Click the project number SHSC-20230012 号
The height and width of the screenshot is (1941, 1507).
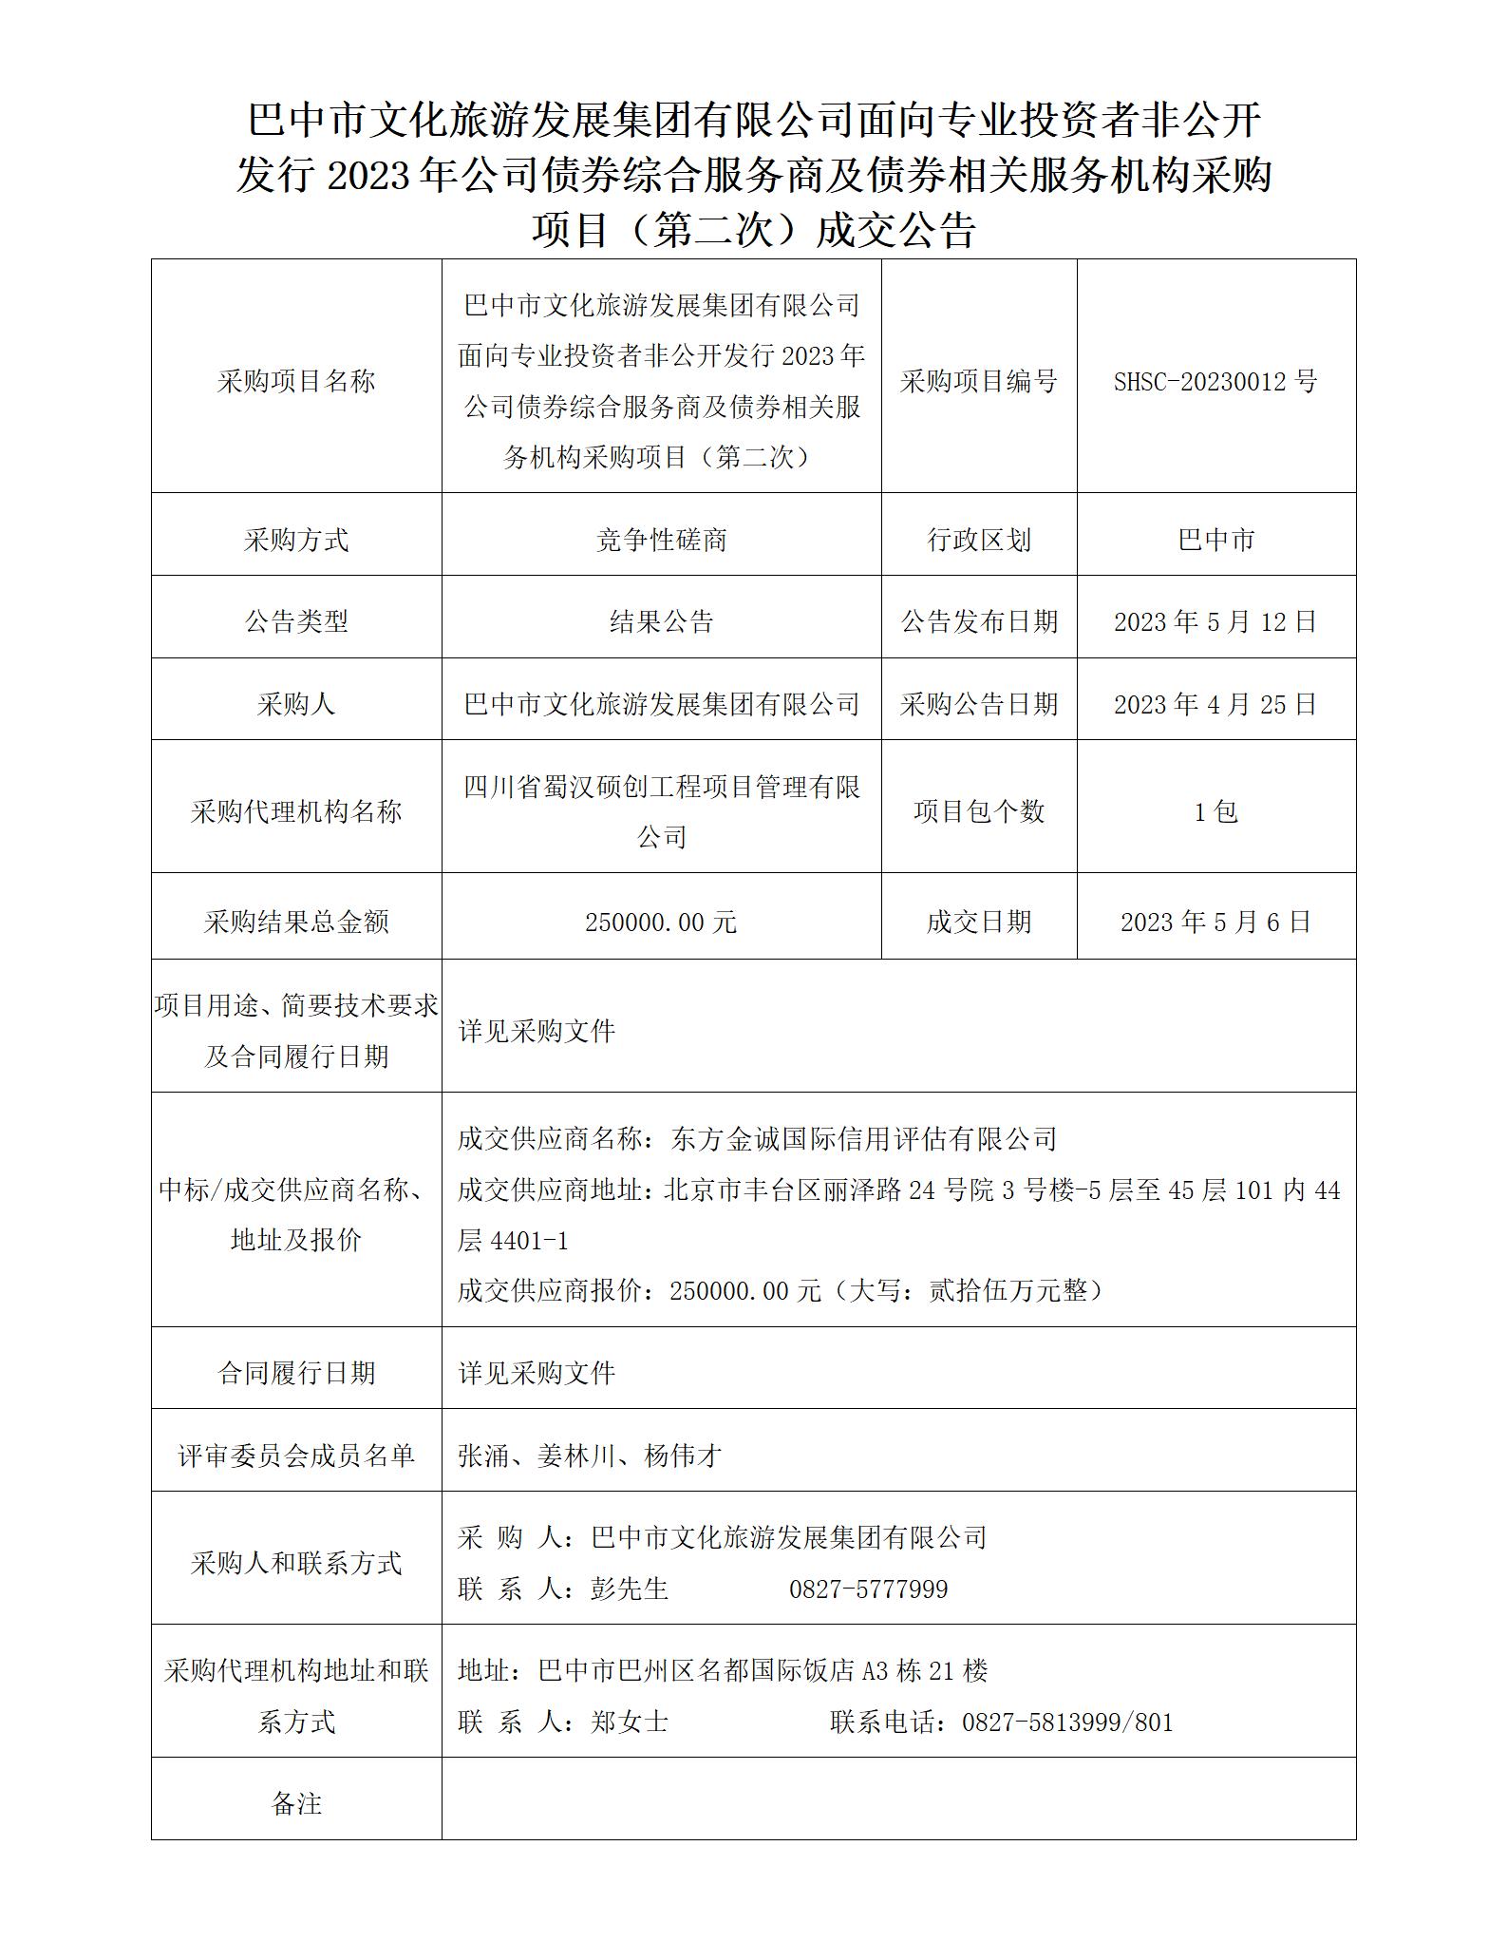1215,382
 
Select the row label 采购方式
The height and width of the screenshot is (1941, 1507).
296,541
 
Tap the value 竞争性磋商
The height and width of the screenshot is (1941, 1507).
661,541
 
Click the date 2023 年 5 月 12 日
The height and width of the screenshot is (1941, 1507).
1215,622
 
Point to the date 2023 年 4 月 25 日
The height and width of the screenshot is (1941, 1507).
1215,705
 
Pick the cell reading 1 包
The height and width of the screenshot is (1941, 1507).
1215,812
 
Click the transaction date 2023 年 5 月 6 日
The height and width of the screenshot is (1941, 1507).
1215,923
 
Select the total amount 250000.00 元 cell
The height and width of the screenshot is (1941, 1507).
661,923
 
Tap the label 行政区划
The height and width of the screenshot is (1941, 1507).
979,541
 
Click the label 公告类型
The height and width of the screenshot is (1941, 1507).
296,622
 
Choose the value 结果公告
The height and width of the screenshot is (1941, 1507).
661,622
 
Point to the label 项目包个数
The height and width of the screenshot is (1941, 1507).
979,812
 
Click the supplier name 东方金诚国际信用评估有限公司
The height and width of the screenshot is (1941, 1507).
863,1139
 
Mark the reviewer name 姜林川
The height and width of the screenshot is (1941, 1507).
576,1456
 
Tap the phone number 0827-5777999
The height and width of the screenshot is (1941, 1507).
868,1589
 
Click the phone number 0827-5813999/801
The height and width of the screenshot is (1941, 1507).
1067,1722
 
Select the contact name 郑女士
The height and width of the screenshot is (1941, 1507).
630,1722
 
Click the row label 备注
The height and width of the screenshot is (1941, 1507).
296,1804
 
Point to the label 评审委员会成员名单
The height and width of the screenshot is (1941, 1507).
296,1456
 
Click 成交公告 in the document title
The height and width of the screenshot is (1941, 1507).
896,231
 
